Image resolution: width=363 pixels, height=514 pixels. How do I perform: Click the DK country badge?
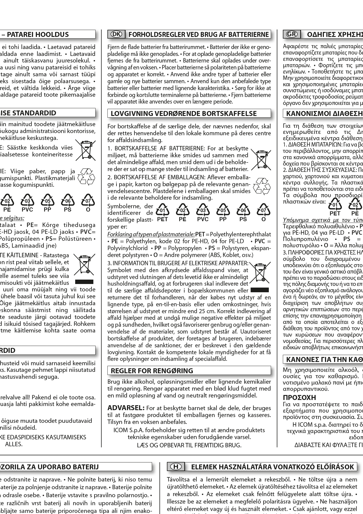[x=117, y=34]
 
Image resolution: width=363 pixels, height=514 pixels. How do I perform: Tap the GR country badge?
[x=292, y=34]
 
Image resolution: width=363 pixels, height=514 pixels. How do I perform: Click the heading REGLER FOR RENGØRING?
[x=152, y=370]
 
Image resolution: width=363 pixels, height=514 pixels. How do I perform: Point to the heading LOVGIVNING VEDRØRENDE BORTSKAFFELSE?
[x=183, y=113]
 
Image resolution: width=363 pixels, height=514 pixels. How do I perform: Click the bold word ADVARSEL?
[x=126, y=408]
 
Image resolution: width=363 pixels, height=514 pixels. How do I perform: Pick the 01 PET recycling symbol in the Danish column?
[x=162, y=213]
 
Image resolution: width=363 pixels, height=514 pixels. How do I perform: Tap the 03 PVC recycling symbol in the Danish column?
[x=203, y=213]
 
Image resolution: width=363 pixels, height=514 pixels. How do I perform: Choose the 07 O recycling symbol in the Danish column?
[x=264, y=213]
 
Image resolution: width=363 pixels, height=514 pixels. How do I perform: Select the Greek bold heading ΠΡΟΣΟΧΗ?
[x=296, y=397]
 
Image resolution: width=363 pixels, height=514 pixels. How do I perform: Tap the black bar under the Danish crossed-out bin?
[x=259, y=290]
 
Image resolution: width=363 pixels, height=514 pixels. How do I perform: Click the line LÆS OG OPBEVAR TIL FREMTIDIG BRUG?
[x=189, y=445]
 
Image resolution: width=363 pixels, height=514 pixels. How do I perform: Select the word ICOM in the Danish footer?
[x=120, y=430]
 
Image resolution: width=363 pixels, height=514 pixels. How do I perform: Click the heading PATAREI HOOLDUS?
[x=38, y=34]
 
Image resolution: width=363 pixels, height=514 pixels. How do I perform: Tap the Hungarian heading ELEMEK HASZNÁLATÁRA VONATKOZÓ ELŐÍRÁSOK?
[x=272, y=467]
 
